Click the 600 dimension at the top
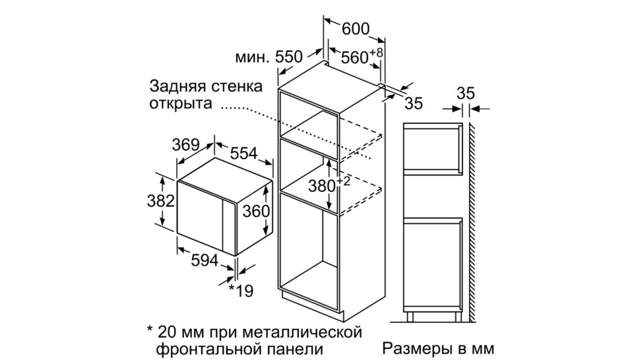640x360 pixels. tap(355, 29)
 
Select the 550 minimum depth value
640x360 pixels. tap(289, 57)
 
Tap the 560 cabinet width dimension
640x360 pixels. tap(355, 58)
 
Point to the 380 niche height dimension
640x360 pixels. tap(321, 187)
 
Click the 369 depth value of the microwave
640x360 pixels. tap(185, 145)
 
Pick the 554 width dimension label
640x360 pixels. tap(244, 153)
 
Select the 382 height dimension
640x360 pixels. tap(161, 200)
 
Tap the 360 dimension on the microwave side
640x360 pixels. tap(256, 211)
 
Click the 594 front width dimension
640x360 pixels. tap(205, 260)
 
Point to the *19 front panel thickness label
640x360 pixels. tap(241, 291)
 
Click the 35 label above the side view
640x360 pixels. tap(466, 94)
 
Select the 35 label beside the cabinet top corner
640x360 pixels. tap(414, 103)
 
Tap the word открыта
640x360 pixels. tap(180, 103)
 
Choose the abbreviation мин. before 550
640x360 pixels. tap(253, 57)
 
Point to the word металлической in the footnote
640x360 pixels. tap(302, 332)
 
